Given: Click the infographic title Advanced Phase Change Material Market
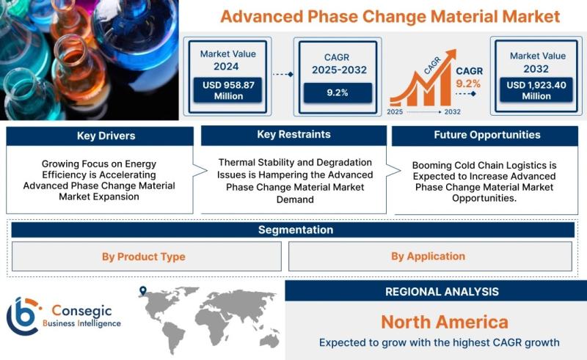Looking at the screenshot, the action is coord(390,16).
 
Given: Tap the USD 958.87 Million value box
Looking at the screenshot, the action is coord(228,90).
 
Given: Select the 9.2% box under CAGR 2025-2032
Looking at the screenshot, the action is coord(338,93).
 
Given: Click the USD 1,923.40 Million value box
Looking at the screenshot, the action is coord(536,90).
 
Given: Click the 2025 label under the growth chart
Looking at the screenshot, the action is coord(395,112).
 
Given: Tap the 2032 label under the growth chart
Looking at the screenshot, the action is coord(452,112).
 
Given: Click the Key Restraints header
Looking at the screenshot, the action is coord(294,135).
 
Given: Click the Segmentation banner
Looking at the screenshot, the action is coord(293,229).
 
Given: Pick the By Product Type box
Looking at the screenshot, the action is coord(146,257).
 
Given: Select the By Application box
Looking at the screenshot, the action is coord(430,257).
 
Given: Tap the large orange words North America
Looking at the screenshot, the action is coord(445,322).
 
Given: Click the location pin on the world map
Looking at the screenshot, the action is coord(142,290).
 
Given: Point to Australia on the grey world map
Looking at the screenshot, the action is coord(269,340).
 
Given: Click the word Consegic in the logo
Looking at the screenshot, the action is coord(81,310).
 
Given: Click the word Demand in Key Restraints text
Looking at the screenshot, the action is coord(295,199).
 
